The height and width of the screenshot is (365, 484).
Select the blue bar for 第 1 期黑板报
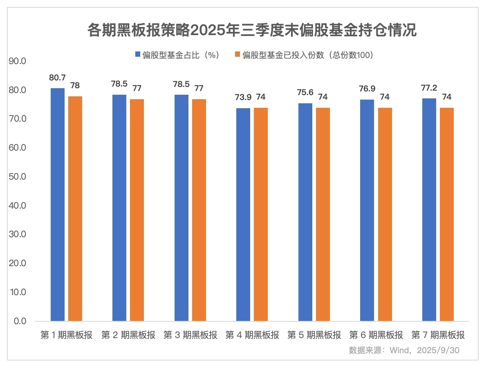(x=58, y=204)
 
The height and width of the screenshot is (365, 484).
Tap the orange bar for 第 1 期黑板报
(x=75, y=208)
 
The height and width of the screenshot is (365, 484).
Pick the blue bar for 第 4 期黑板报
(x=244, y=214)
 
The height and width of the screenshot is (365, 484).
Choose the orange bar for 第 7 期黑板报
(x=447, y=214)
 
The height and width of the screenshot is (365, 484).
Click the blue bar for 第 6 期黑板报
(x=367, y=210)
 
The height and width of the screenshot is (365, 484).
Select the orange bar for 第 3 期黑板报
(x=199, y=210)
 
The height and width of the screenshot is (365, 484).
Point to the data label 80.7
(x=57, y=78)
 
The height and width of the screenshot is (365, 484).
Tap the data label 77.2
(x=429, y=87)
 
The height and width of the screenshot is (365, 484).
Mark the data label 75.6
(x=305, y=92)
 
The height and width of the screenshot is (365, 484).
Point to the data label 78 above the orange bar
(x=75, y=85)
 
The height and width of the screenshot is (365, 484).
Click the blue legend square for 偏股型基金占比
(x=137, y=55)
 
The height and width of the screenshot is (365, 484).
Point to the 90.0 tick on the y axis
(x=18, y=61)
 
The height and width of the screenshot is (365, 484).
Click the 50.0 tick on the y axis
(x=18, y=177)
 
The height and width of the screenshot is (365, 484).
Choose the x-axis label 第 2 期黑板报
(x=128, y=335)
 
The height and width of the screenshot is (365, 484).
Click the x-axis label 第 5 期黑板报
(x=314, y=335)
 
